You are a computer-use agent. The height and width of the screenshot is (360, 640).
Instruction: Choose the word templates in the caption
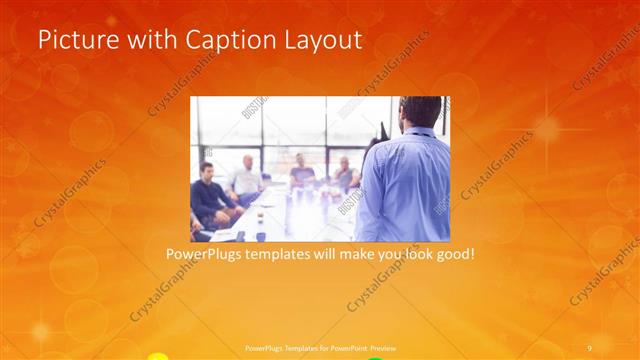tap(291, 256)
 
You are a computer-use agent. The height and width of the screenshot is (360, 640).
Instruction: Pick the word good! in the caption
tap(453, 256)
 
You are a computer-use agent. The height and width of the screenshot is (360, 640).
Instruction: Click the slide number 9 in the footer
tap(590, 347)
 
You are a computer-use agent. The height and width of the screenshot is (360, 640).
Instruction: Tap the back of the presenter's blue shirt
tap(405, 185)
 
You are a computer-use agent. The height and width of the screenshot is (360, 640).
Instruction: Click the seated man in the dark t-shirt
tap(302, 174)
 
